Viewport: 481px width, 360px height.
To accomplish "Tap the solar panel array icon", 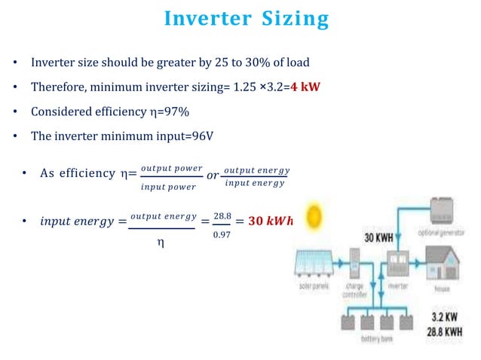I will click(x=317, y=264).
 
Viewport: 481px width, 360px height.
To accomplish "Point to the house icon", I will click(x=444, y=264).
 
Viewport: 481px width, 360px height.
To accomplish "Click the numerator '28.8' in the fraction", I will click(x=221, y=217).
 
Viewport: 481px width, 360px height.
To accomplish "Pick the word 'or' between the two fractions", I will click(x=212, y=175).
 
